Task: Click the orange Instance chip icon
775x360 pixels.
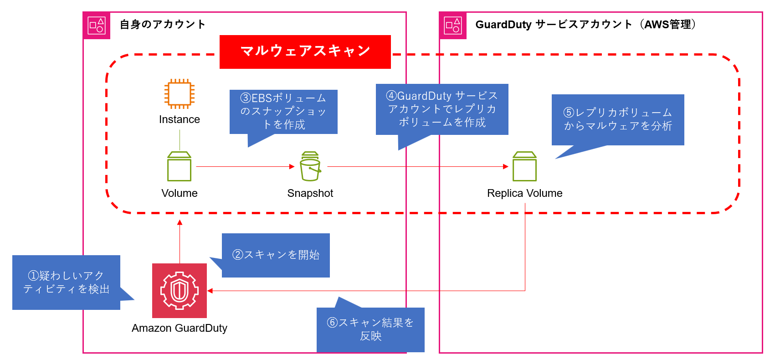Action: tap(180, 94)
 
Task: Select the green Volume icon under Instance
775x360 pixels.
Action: tap(179, 167)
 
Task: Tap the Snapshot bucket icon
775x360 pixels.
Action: tap(310, 167)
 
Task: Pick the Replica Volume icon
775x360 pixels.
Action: tap(524, 167)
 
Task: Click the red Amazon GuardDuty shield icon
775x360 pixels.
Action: tap(180, 291)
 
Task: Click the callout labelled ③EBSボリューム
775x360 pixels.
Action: tap(283, 112)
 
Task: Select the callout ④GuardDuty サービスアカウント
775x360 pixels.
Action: tap(442, 109)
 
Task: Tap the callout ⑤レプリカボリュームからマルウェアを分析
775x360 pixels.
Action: tap(618, 119)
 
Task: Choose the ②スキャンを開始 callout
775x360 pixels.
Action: tap(276, 255)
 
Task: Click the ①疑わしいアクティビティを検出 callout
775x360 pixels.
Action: tap(67, 283)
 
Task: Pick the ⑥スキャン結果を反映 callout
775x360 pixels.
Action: tap(370, 329)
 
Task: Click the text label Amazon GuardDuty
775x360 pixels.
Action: tap(180, 328)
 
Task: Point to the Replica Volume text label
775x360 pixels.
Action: tap(524, 193)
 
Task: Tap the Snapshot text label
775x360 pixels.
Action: tap(310, 193)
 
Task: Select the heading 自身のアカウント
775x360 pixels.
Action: tap(163, 25)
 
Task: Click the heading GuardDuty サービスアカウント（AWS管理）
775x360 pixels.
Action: tap(585, 25)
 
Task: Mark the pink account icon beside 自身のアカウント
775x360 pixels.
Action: tap(97, 26)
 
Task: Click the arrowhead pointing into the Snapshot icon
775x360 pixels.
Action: tap(292, 167)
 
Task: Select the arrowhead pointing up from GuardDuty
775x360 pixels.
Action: tap(180, 222)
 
